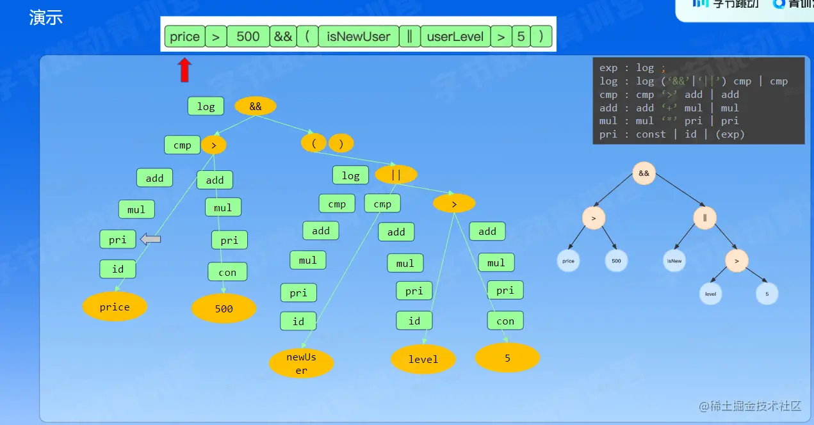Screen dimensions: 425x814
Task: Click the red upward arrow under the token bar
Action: tap(184, 70)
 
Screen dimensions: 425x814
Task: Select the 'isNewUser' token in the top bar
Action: tap(358, 36)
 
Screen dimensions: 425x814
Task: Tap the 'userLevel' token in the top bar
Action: tap(455, 36)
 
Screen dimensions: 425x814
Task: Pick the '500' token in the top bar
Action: tap(248, 36)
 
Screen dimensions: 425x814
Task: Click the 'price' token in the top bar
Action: tap(184, 36)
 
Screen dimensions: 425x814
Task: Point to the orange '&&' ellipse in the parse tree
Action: tap(256, 106)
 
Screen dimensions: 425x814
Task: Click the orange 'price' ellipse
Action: tap(115, 307)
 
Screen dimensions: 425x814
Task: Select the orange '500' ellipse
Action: tap(224, 309)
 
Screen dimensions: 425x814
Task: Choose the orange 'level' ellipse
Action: tap(423, 359)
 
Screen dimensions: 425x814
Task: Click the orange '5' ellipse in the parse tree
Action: tap(507, 358)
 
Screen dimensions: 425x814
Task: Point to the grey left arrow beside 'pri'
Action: tap(151, 239)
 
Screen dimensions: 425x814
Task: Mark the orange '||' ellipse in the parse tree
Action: tap(396, 174)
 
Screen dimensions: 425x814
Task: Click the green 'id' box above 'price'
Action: tap(118, 269)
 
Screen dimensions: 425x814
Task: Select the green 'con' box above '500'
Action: tap(227, 272)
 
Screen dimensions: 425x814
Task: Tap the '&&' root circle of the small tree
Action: tap(644, 173)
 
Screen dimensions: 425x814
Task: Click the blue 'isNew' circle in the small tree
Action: tap(674, 261)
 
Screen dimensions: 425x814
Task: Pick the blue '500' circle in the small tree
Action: tap(616, 261)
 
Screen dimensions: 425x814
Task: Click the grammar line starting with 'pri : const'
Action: tap(672, 134)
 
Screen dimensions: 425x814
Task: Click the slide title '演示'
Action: tap(46, 18)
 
